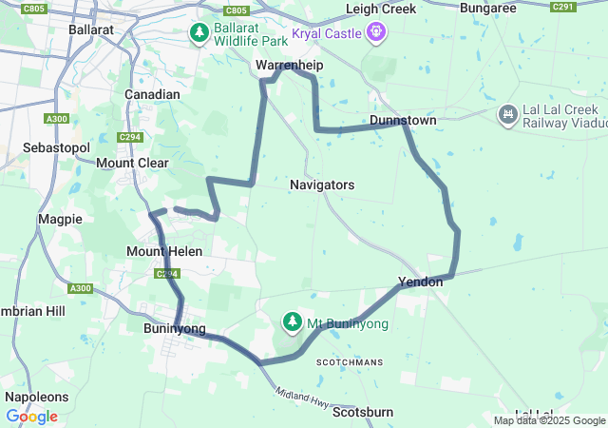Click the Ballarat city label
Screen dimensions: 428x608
coord(91,29)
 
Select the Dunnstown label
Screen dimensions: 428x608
coord(403,121)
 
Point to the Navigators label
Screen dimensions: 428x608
coord(322,185)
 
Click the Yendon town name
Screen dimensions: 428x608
coord(420,283)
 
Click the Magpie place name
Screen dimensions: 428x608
coord(60,219)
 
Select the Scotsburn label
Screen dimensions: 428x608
coord(364,412)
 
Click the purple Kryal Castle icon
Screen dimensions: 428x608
coord(377,33)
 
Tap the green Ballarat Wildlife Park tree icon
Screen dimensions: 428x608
coord(199,34)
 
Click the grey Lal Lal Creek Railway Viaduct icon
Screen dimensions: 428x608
coord(507,114)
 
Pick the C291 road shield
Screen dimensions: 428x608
coord(563,7)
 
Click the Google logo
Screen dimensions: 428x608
coord(31,417)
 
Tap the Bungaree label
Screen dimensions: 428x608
coord(487,8)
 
